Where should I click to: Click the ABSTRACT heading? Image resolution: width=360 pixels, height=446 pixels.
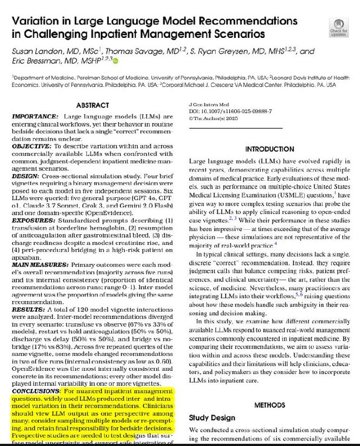pyautogui.click(x=92, y=105)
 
